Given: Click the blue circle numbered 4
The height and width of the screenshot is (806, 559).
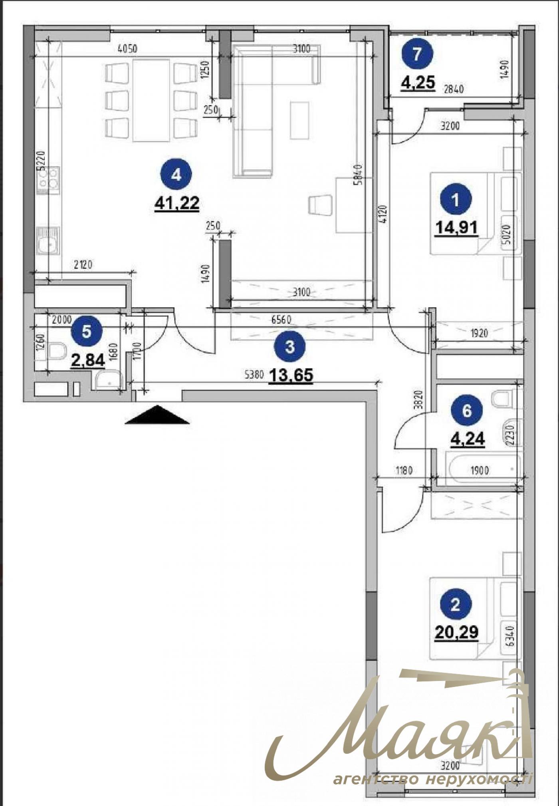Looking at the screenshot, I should pyautogui.click(x=176, y=175).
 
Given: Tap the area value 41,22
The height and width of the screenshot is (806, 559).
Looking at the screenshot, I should pyautogui.click(x=176, y=203).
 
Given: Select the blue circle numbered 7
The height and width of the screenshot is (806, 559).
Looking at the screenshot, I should pyautogui.click(x=417, y=54).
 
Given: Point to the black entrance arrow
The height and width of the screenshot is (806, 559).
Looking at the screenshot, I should pyautogui.click(x=157, y=415).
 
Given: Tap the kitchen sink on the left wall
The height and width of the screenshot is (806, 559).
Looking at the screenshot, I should pyautogui.click(x=48, y=240).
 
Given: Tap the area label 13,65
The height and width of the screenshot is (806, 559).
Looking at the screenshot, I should pyautogui.click(x=291, y=375).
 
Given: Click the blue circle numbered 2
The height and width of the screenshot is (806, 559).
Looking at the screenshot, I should pyautogui.click(x=456, y=605).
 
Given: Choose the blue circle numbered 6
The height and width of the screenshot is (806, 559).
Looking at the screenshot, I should pyautogui.click(x=467, y=411).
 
